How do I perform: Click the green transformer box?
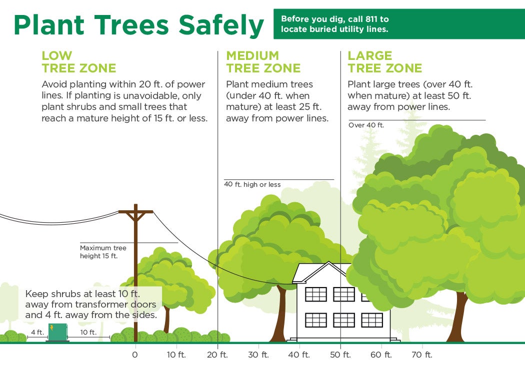pos(57,332)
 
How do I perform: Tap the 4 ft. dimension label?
pos(38,332)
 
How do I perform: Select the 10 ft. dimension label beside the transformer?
pos(88,332)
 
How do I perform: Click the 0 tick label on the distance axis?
pos(135,355)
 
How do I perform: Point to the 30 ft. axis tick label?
pos(258,355)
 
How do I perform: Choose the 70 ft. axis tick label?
pos(422,355)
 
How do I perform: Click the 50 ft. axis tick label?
pos(340,355)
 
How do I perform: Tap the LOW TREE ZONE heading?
pos(78,62)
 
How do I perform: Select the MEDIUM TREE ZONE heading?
pos(263,62)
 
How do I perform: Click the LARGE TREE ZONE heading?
pos(384,62)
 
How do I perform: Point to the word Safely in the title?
pos(221,25)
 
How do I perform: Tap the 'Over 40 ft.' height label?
pos(366,125)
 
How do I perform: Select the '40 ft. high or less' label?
pos(252,184)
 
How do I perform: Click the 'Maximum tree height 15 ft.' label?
pos(103,252)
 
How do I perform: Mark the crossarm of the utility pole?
pos(135,212)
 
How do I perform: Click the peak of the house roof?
pos(329,262)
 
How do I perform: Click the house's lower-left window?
pos(315,320)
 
